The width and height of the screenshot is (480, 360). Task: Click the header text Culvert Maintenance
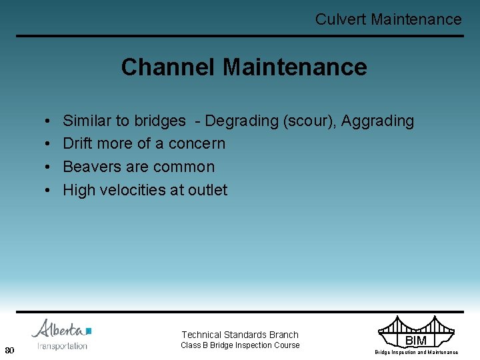click(x=388, y=19)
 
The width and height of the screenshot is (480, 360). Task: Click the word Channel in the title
click(x=168, y=67)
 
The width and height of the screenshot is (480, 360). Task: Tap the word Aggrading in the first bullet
click(x=379, y=121)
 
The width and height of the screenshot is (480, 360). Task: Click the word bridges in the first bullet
click(x=160, y=121)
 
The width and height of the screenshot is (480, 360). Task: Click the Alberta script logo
click(x=60, y=330)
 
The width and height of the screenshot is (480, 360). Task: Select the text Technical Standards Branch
click(x=240, y=335)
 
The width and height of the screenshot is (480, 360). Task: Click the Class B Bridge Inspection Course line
click(x=240, y=345)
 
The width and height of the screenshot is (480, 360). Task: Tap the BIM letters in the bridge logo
click(x=416, y=341)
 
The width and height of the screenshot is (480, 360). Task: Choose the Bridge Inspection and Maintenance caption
click(x=416, y=352)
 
